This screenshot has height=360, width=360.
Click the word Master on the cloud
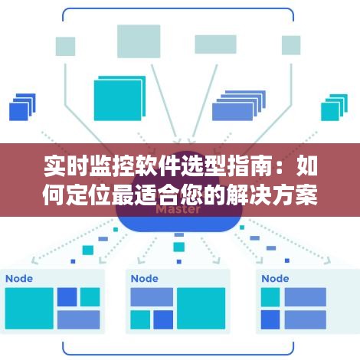coord(178,210)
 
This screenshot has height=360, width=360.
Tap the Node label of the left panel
coord(19,279)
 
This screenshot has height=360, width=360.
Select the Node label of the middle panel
coord(145,279)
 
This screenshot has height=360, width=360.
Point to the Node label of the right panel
coord(275,279)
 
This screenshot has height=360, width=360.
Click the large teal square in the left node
coord(29,309)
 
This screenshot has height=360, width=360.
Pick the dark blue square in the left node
coord(67,297)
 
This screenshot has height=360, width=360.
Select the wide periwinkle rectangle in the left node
coord(79,319)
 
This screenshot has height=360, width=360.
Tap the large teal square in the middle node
coord(201,309)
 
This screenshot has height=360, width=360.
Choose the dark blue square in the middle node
coord(163,319)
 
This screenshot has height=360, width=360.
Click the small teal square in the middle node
coord(140,319)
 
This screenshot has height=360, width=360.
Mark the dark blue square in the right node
coord(270,319)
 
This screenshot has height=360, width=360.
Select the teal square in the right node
coord(270,297)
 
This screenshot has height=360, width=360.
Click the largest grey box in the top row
coord(139,41)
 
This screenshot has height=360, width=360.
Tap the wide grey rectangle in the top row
coord(216,44)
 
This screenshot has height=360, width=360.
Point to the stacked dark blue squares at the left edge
coord(22,107)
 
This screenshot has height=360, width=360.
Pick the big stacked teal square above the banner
coord(119,98)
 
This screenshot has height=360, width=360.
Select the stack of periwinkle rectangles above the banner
coord(239,106)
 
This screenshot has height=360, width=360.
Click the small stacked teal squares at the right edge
coord(334,107)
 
